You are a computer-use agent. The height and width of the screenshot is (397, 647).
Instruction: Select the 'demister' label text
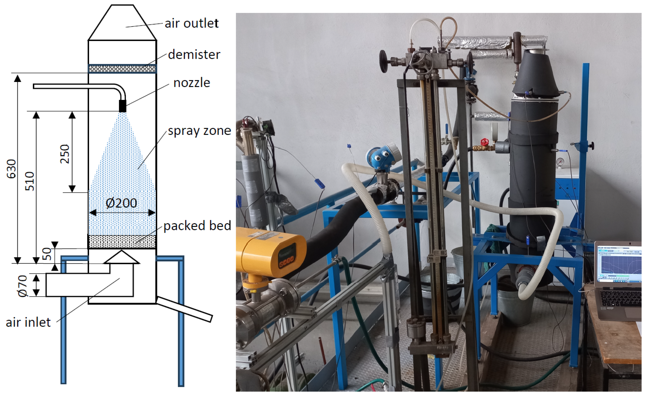point(194,55)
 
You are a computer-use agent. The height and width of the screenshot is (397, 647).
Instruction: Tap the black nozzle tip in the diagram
point(122,106)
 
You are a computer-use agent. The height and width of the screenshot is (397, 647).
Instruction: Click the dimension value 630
point(12,169)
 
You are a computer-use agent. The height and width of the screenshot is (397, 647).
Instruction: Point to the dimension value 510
point(30,181)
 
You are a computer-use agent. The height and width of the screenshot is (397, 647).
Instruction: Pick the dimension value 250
point(65,154)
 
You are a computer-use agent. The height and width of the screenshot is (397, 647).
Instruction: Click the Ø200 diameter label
point(121,203)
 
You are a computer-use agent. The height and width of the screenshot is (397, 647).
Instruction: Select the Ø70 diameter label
point(23,286)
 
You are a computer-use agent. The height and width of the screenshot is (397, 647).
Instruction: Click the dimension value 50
point(47,254)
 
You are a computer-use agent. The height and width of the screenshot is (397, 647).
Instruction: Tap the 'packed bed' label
point(197,226)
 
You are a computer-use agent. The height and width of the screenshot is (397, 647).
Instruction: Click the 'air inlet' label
point(28,322)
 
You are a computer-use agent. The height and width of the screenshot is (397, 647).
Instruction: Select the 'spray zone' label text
point(199,131)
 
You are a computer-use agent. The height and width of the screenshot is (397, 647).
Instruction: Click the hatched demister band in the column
point(122,69)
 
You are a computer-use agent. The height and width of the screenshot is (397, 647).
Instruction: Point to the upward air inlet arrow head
point(121,257)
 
